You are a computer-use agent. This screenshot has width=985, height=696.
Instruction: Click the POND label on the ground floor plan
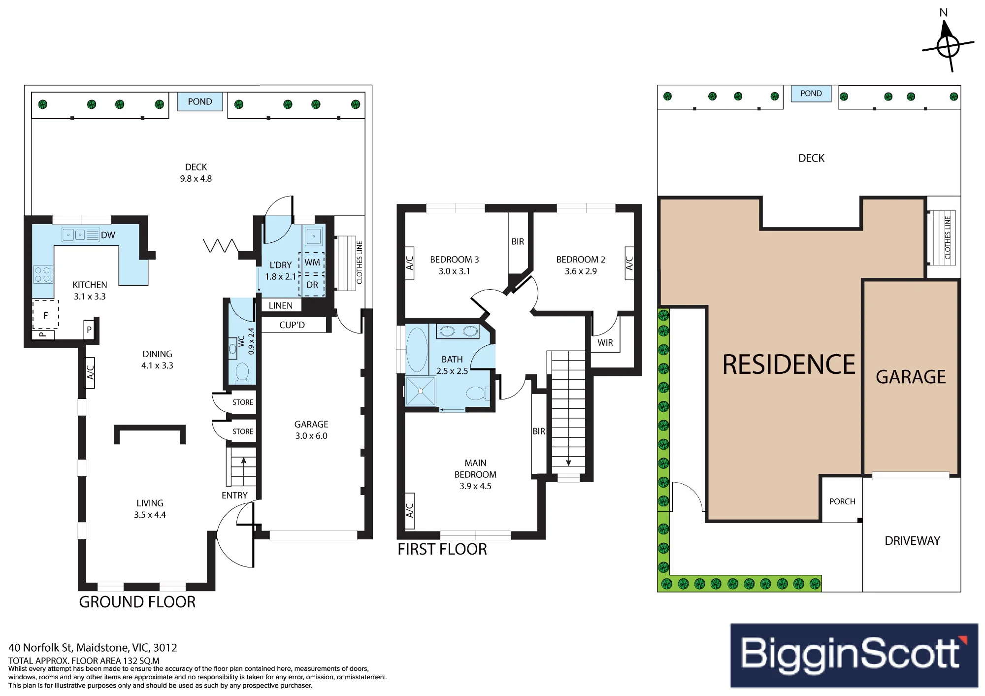click(x=200, y=101)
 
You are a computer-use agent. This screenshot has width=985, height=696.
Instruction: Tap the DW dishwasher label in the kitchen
click(x=108, y=235)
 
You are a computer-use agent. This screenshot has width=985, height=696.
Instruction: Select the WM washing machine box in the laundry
click(x=312, y=263)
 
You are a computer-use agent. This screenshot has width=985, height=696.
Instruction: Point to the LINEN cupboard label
click(x=281, y=305)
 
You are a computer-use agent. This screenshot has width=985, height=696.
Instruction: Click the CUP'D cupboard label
click(x=292, y=325)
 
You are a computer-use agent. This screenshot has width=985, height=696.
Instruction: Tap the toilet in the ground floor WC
click(x=242, y=372)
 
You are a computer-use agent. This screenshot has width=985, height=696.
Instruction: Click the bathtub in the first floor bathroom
click(x=417, y=349)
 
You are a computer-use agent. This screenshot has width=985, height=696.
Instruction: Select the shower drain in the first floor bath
click(x=421, y=391)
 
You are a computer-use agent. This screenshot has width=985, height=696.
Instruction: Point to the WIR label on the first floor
click(x=605, y=343)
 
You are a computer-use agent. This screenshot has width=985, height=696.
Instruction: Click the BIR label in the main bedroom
click(x=539, y=431)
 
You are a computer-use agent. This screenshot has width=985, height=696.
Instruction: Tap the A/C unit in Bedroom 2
click(x=629, y=264)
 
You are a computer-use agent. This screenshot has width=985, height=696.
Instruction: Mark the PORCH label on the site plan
click(x=842, y=501)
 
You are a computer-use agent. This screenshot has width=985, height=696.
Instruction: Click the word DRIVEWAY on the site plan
click(x=912, y=541)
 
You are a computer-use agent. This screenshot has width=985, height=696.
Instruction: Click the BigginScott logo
click(x=854, y=655)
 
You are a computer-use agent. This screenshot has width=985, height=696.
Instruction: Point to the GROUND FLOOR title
click(x=137, y=602)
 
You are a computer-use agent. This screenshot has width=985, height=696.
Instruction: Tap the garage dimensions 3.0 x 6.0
click(x=311, y=436)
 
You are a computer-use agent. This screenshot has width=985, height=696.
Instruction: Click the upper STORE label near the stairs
click(x=243, y=402)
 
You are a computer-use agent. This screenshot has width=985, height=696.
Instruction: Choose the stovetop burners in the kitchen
click(x=43, y=274)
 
